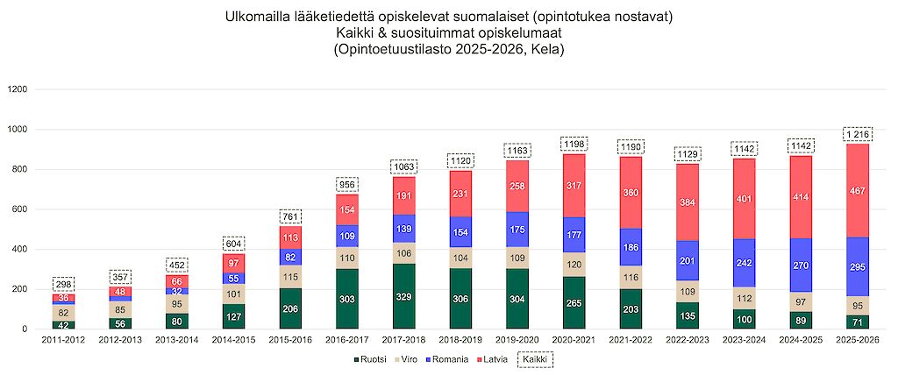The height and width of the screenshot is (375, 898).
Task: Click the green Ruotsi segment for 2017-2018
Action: coord(403,296)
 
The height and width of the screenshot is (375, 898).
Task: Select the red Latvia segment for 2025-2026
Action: coord(858,191)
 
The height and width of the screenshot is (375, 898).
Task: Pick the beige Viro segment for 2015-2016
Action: coord(290,277)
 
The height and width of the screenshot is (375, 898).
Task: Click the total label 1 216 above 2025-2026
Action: coord(858,134)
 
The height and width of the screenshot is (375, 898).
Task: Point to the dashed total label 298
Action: coord(63,284)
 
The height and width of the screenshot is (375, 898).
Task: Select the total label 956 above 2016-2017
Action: coord(347,184)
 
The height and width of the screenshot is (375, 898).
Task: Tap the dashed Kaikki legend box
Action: coord(537,359)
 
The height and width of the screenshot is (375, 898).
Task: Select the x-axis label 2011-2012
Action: coord(63,340)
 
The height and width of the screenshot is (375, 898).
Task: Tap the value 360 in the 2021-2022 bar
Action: coord(631,192)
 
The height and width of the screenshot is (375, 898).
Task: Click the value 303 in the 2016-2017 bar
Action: coord(347,299)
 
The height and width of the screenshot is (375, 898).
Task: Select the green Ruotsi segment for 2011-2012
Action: coord(63,325)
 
